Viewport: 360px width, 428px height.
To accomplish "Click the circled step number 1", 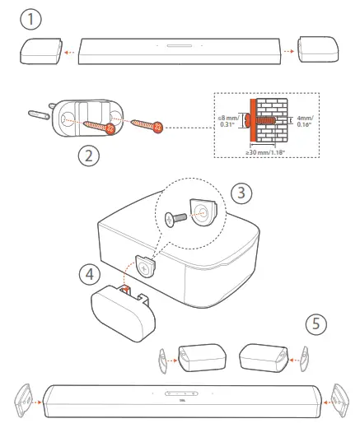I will (x=30, y=16).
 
